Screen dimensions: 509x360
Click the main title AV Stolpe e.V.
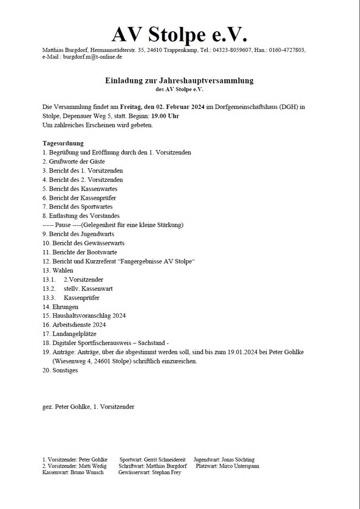pyautogui.click(x=180, y=34)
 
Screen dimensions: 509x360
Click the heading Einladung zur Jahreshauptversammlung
pyautogui.click(x=179, y=81)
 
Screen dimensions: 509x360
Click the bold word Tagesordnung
pyautogui.click(x=63, y=143)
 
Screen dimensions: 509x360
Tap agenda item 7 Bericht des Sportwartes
pyautogui.click(x=77, y=207)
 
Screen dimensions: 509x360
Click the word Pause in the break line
pyautogui.click(x=63, y=225)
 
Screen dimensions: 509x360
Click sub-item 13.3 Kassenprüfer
pyautogui.click(x=81, y=298)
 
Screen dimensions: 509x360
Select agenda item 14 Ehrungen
pyautogui.click(x=61, y=307)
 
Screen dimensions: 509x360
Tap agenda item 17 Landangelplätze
pyautogui.click(x=69, y=334)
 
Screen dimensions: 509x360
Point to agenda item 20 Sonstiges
pyautogui.click(x=60, y=370)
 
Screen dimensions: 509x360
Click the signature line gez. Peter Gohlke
pyautogui.click(x=88, y=406)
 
